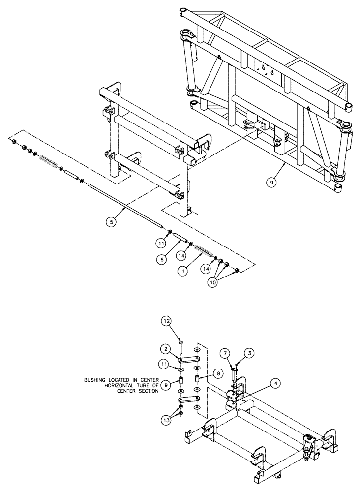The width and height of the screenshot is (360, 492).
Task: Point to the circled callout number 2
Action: point(168,349)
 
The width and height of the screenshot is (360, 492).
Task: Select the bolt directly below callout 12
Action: point(180,347)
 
